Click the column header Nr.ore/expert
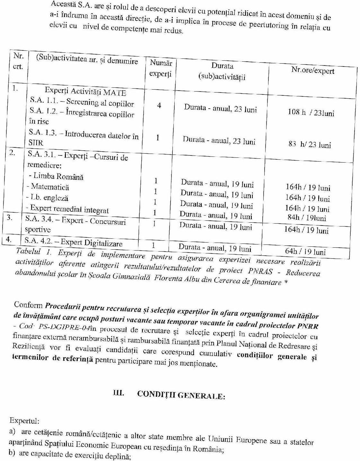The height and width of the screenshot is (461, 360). click(x=312, y=70)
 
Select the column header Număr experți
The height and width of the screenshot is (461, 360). click(x=161, y=68)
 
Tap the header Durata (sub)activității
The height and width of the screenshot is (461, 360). click(x=222, y=71)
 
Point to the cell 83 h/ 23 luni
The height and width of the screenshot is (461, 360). click(x=310, y=145)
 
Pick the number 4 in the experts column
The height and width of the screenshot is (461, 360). click(x=159, y=105)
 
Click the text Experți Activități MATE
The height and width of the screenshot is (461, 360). click(x=85, y=92)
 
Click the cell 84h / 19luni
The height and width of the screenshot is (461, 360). click(x=307, y=218)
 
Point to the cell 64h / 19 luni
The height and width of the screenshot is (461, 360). click(x=305, y=252)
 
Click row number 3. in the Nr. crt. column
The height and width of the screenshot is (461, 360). click(x=10, y=217)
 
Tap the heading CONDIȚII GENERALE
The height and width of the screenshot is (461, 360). click(x=181, y=395)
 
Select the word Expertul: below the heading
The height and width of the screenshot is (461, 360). click(x=25, y=421)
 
